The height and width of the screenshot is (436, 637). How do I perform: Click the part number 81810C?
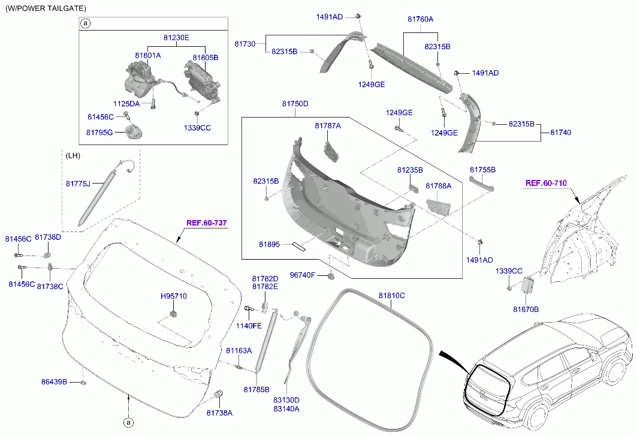[391, 296]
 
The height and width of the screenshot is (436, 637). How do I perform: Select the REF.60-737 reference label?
[206, 223]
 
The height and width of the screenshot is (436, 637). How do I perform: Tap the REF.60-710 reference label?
[546, 183]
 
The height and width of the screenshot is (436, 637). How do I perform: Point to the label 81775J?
[78, 183]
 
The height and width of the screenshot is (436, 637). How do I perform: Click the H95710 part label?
[174, 296]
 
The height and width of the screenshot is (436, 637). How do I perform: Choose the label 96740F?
[303, 275]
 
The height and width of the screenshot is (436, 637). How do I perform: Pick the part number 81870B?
[526, 309]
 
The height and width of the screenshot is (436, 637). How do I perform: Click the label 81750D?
[295, 104]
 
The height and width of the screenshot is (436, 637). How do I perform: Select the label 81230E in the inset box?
[176, 38]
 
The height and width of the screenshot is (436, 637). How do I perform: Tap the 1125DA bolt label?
[126, 104]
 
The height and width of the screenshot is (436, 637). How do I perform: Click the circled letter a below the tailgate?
[128, 422]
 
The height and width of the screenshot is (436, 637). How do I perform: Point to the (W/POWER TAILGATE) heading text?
[46, 8]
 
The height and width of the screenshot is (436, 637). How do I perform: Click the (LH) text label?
[73, 156]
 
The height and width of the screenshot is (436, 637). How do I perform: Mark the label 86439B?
[54, 381]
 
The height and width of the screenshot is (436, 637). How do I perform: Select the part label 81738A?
[219, 413]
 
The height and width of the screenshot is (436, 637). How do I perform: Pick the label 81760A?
[420, 19]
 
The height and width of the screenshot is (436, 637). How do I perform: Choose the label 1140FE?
[248, 326]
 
